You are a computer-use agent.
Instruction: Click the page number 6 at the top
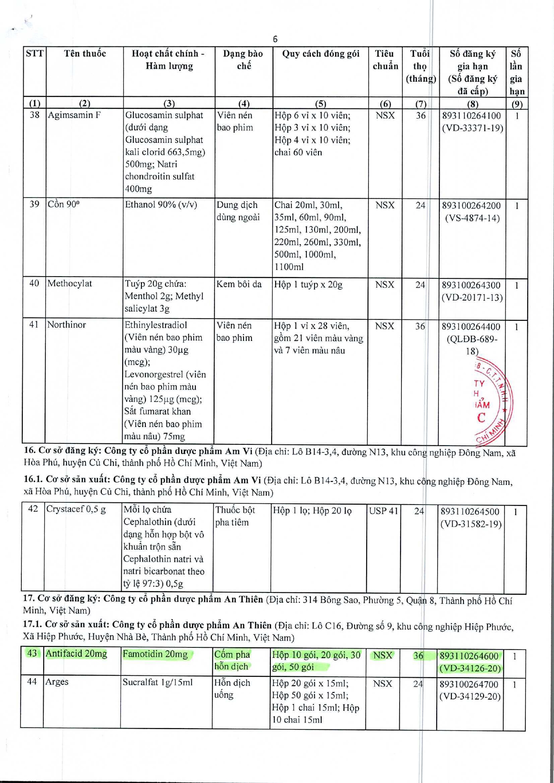[275, 39]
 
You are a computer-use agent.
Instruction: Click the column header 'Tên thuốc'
[85, 54]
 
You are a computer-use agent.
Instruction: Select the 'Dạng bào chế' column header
[243, 60]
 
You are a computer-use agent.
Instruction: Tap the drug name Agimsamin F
[74, 115]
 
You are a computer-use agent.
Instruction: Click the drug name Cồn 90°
[63, 204]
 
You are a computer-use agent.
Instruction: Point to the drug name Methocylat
[70, 283]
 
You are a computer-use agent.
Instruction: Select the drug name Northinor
[66, 325]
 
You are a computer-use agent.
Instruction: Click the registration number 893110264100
[471, 116]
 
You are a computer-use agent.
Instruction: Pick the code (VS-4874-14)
[472, 218]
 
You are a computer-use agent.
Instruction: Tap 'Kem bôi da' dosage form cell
[239, 284]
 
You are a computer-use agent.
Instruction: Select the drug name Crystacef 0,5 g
[76, 510]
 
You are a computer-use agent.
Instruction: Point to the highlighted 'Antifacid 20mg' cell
[76, 654]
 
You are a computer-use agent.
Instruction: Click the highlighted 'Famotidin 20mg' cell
[155, 654]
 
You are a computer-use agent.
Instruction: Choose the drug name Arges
[57, 682]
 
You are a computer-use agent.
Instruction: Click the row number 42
[33, 509]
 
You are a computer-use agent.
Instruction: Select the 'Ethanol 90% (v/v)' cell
[161, 205]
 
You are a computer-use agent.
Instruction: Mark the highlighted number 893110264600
[469, 655]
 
